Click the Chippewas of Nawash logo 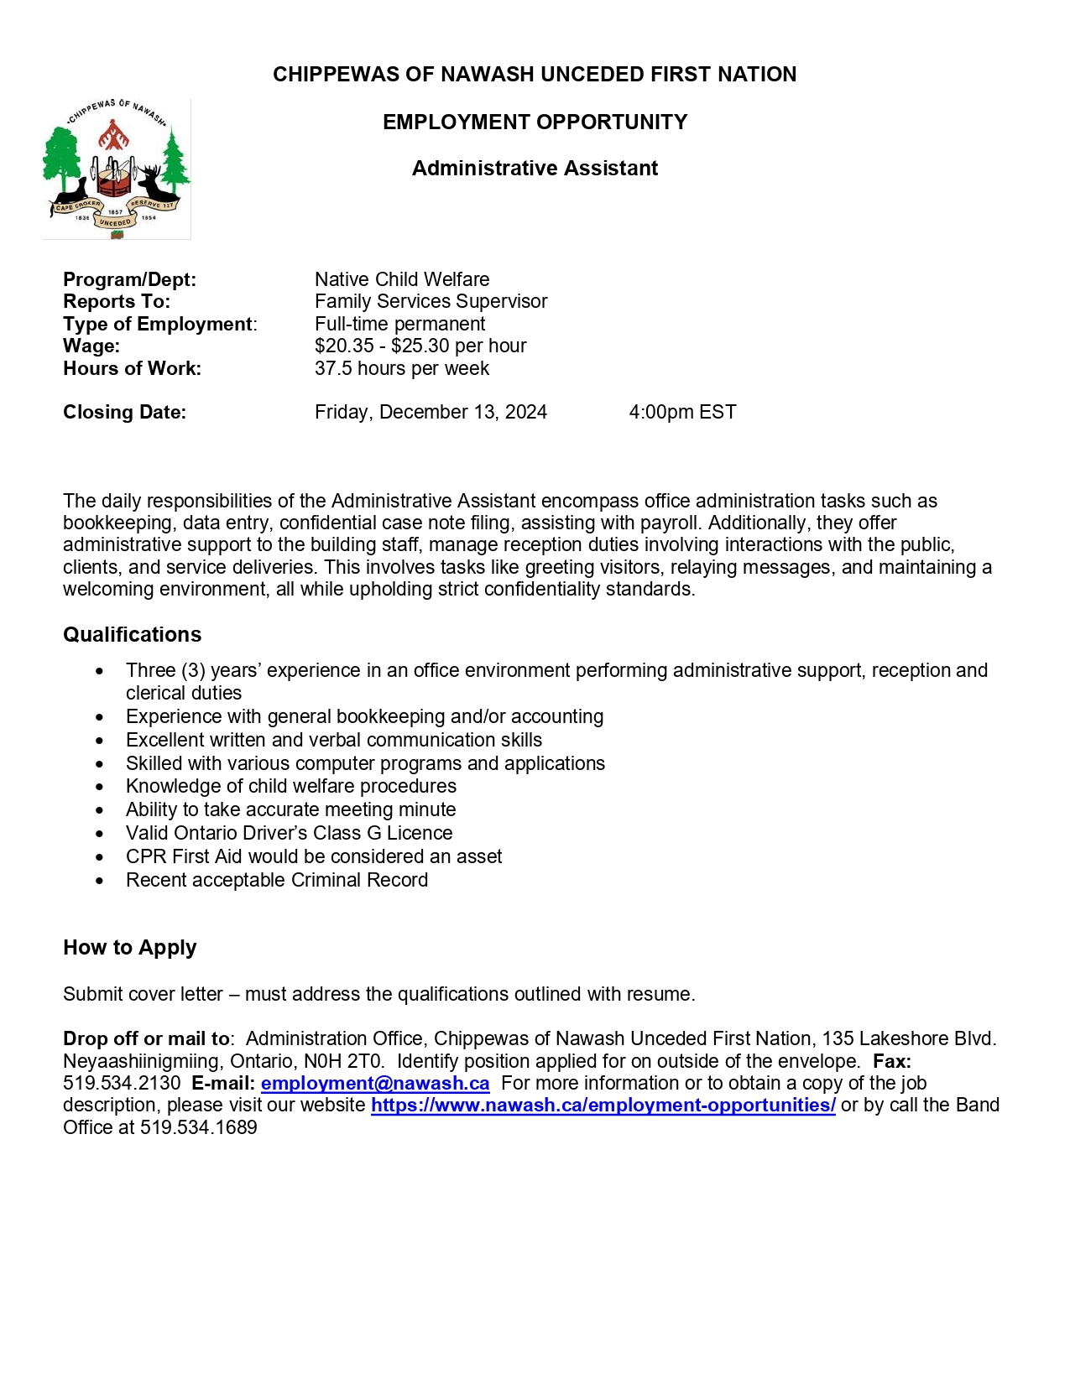(117, 169)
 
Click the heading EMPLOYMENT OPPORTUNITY (535, 122)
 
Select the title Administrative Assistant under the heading (535, 169)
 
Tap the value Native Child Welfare (402, 279)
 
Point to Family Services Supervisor (431, 301)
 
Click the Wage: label (91, 346)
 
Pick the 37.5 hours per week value (401, 368)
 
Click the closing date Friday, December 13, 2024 (431, 412)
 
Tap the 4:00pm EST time (682, 412)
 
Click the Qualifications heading (133, 635)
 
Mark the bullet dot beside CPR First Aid (101, 857)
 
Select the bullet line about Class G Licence (289, 833)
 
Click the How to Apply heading (129, 948)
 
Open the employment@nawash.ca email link (375, 1083)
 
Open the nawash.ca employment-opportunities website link (603, 1105)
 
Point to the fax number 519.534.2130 (122, 1083)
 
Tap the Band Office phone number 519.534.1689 (199, 1127)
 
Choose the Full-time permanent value (399, 324)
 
